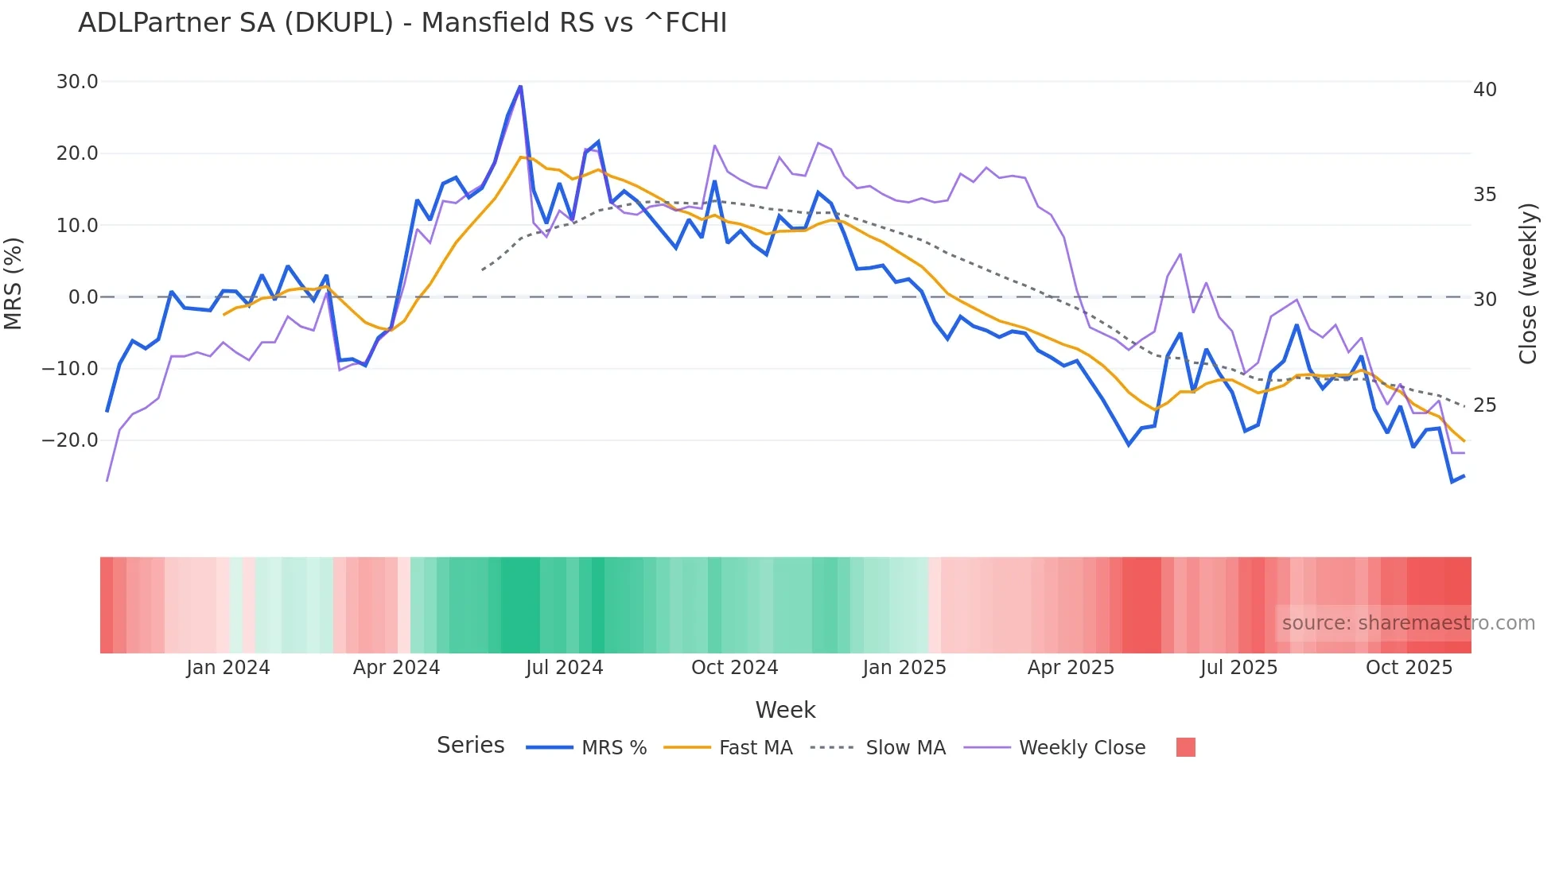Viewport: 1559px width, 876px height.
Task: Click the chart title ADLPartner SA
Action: (x=402, y=23)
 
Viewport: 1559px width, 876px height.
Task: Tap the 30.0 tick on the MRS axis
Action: (x=77, y=82)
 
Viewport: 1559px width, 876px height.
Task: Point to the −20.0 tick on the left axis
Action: (x=70, y=440)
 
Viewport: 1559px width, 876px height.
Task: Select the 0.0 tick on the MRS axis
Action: (x=84, y=297)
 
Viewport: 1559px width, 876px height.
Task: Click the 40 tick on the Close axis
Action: (x=1485, y=90)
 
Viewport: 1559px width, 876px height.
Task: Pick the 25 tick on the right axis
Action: (x=1485, y=405)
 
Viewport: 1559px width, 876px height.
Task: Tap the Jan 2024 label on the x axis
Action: (x=228, y=668)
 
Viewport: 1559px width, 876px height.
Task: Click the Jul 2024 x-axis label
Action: (x=565, y=668)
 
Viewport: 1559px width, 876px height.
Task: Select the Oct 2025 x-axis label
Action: (x=1409, y=668)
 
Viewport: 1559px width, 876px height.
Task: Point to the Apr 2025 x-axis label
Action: (x=1071, y=668)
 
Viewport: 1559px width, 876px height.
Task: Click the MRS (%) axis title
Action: (x=14, y=283)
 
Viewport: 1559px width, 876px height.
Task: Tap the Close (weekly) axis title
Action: (x=1528, y=284)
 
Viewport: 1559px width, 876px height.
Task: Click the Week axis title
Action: (x=785, y=710)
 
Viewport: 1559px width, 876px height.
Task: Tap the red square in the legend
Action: (x=1186, y=747)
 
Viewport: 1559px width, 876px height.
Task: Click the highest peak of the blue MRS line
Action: (x=520, y=86)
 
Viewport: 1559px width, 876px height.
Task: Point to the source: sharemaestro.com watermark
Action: (x=1408, y=623)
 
